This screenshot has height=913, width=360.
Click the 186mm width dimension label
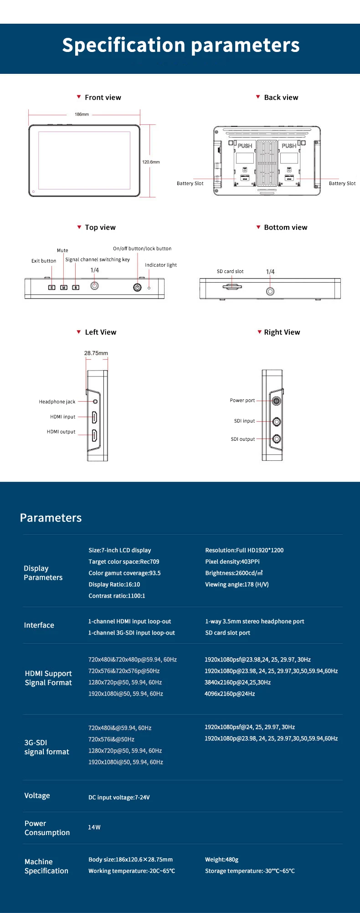point(82,114)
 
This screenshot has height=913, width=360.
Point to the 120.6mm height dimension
point(151,162)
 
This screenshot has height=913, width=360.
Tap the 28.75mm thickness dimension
point(96,353)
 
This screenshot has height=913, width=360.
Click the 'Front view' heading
point(103,98)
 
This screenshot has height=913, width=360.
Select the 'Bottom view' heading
point(285,227)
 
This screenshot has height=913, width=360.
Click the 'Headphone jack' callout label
point(57,402)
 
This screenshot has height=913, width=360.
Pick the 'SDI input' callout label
point(244,421)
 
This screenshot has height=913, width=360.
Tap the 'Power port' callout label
point(242,401)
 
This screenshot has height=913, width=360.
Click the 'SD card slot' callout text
point(230,272)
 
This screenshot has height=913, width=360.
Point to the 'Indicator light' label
point(161,265)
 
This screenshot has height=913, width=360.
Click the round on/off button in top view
point(137,288)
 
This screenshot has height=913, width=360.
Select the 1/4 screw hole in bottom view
point(270,291)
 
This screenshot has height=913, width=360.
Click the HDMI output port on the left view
point(94,435)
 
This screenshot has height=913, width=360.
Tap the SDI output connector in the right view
point(277,439)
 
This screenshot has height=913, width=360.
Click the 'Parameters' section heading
point(51,518)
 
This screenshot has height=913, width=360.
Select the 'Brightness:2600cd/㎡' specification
point(234,573)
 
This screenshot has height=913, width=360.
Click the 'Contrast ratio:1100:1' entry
point(117,596)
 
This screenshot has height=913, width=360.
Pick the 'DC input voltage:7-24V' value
point(119,797)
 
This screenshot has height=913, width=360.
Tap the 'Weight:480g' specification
point(222,860)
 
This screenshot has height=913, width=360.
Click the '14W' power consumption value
point(94,827)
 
